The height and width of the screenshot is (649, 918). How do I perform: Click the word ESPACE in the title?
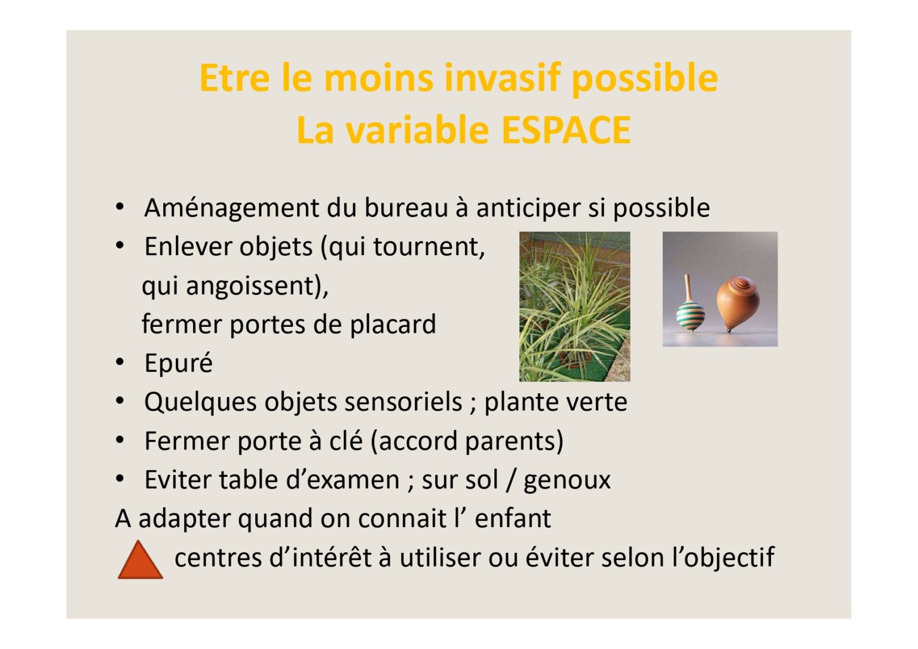tap(566, 130)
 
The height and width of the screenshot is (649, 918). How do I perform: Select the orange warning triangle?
tap(140, 560)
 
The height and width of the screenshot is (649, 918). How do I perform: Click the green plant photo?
tap(574, 307)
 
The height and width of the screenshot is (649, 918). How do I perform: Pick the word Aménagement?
tap(231, 208)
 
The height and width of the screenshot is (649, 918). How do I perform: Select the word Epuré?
tap(179, 363)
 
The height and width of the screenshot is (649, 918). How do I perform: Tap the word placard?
tap(393, 324)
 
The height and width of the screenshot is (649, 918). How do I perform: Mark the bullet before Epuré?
tap(120, 362)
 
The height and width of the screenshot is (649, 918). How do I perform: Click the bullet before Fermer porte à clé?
tap(120, 440)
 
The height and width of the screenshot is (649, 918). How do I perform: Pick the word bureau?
tap(406, 208)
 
